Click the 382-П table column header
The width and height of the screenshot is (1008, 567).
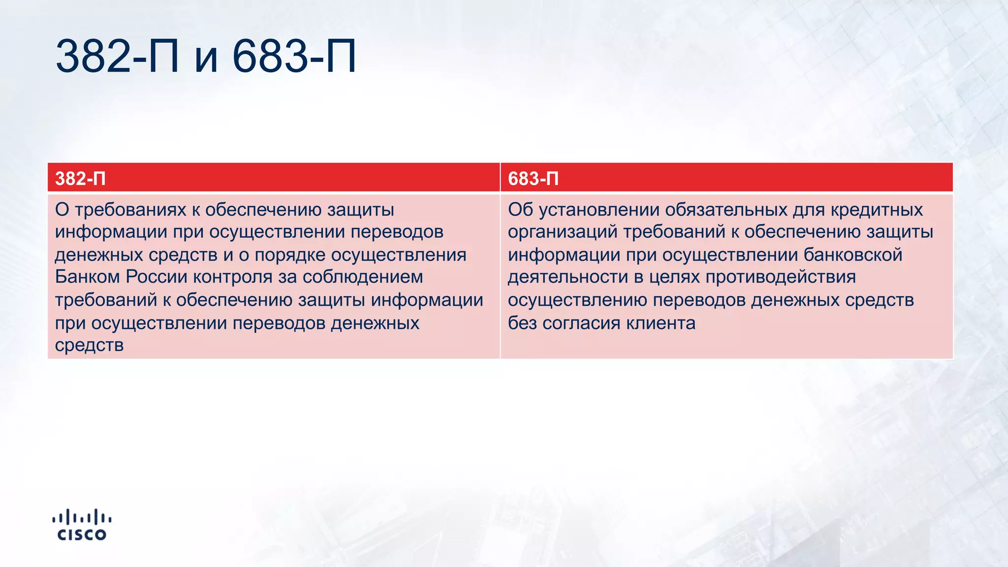click(x=80, y=178)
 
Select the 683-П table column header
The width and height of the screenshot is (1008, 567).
click(x=533, y=178)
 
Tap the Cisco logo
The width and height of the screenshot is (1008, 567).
click(x=82, y=525)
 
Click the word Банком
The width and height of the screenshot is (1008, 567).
click(x=87, y=277)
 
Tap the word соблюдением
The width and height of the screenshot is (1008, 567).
click(x=363, y=277)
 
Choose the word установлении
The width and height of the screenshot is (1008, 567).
click(x=599, y=210)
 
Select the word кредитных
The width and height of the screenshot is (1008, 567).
click(x=877, y=210)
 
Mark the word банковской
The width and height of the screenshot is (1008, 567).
click(x=853, y=254)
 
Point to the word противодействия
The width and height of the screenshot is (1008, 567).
click(x=781, y=277)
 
